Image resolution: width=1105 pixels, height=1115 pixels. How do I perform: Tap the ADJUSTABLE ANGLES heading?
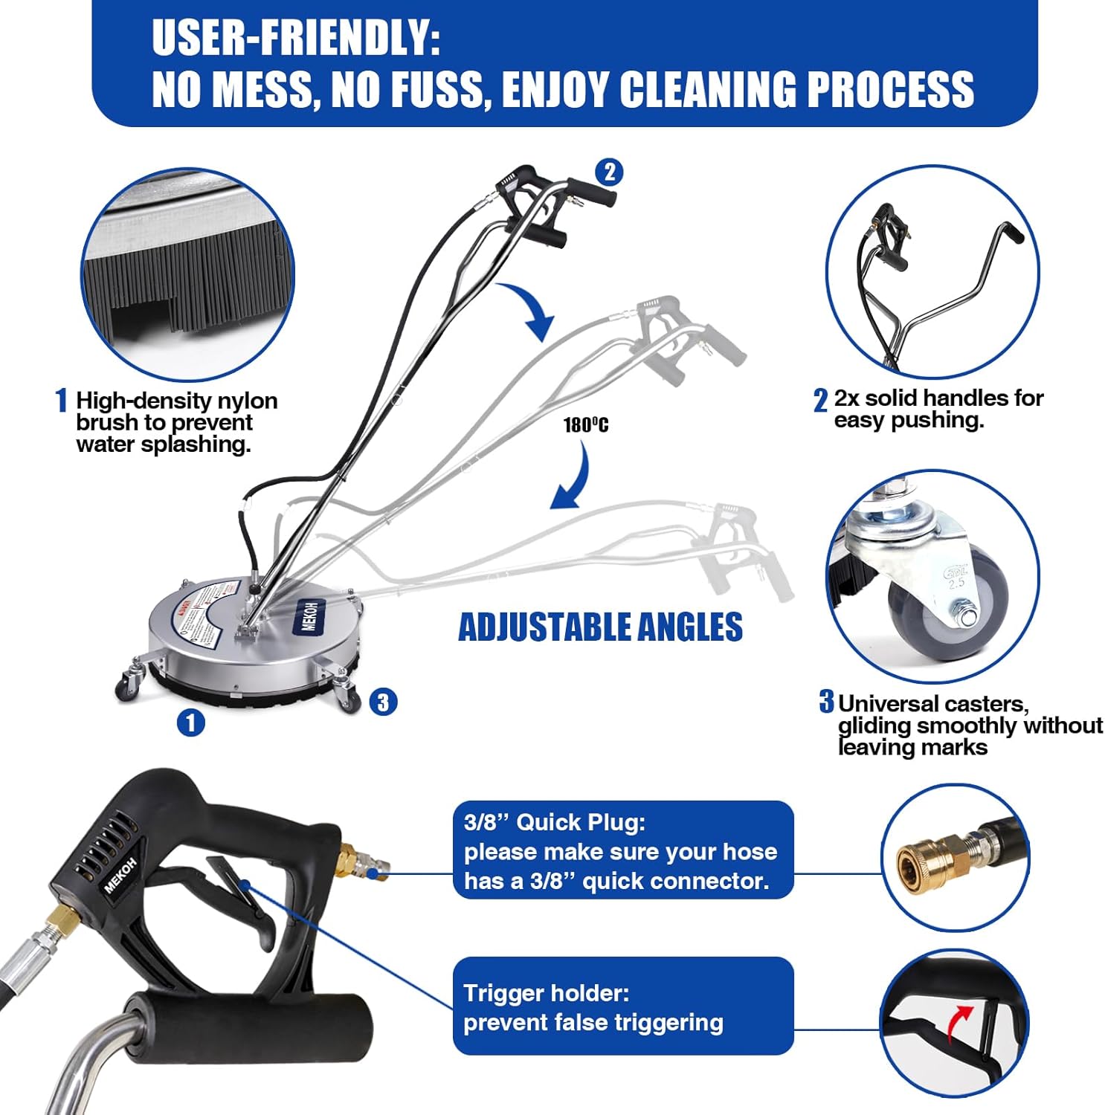tap(600, 627)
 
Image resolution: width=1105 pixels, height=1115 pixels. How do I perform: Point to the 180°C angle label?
tap(585, 425)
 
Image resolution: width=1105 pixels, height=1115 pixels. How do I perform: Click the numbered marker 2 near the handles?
tap(610, 172)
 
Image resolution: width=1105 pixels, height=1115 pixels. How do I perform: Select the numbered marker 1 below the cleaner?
tap(191, 723)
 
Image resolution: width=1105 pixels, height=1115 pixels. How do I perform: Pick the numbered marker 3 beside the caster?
tap(383, 702)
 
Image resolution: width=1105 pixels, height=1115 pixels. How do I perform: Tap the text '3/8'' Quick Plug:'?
tap(555, 822)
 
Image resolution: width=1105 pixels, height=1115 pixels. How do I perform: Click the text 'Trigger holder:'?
tap(546, 993)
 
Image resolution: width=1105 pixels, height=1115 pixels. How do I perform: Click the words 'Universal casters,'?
tap(933, 703)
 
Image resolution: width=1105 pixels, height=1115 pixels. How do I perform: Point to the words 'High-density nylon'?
tap(176, 401)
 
